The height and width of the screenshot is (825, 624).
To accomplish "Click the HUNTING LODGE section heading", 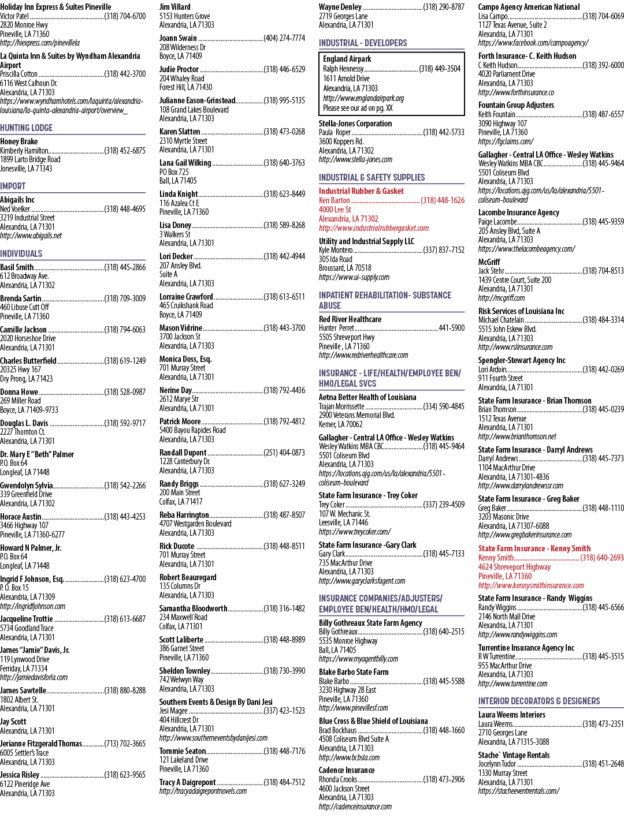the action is tap(27, 128).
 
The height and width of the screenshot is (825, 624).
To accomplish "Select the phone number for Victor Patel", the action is tap(125, 16).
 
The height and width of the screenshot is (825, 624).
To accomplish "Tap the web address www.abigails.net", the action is tap(31, 236).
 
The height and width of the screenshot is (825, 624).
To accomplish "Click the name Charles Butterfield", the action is tap(28, 361).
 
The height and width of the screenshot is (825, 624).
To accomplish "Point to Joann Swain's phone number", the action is tap(284, 38).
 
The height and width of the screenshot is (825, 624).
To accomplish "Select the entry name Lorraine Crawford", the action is tap(186, 297).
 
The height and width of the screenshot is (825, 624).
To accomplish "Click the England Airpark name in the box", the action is tap(347, 59).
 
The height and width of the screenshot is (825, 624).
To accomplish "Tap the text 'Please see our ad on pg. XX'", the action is tap(358, 108).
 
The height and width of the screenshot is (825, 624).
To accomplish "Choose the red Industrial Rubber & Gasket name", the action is tap(362, 191).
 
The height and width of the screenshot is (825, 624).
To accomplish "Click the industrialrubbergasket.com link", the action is tap(374, 228).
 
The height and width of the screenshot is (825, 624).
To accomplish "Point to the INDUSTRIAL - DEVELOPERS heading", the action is tap(363, 43).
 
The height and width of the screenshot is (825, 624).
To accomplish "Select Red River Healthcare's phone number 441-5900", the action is tap(452, 328).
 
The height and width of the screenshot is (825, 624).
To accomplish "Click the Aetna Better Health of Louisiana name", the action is tap(367, 397).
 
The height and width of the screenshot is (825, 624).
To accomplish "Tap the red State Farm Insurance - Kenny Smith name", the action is tap(534, 548).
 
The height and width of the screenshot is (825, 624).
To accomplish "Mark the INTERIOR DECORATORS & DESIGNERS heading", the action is tap(539, 701).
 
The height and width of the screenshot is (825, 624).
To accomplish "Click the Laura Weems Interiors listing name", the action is tap(512, 715).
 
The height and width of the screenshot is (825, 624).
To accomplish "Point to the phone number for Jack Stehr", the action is tap(603, 271).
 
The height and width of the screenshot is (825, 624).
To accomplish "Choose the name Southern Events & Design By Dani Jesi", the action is tap(216, 701).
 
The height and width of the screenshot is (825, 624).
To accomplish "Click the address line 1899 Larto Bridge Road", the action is tap(30, 159).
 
